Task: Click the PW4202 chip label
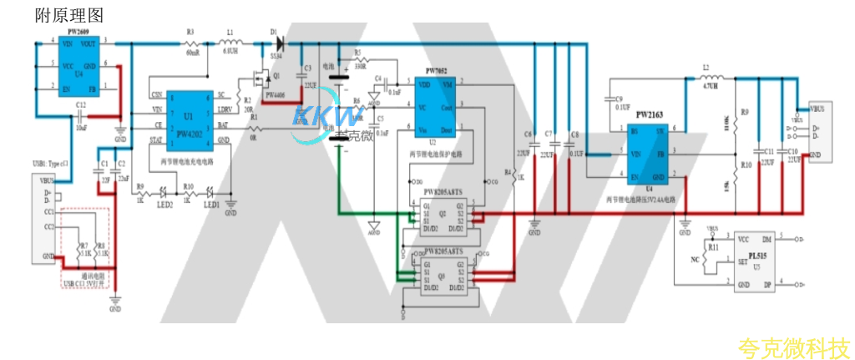pos(188,133)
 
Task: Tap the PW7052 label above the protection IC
pos(438,71)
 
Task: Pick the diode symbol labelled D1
pos(278,40)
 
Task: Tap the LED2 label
pos(166,204)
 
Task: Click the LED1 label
pos(212,204)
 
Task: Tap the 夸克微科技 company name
pos(793,345)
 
